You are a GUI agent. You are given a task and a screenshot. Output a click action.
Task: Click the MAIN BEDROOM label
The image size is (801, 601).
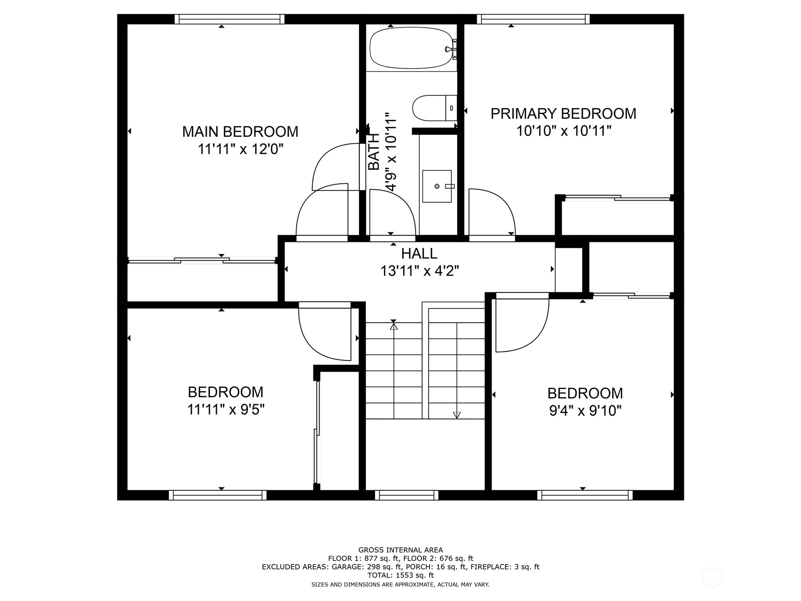[240, 132]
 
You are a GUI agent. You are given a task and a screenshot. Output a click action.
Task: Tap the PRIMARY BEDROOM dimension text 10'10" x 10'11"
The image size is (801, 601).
[564, 131]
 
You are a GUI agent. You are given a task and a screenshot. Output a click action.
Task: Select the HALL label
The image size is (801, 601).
[419, 253]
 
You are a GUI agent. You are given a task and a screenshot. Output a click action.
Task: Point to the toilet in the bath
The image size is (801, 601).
[434, 108]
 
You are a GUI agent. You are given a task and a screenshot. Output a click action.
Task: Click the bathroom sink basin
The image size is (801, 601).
[437, 186]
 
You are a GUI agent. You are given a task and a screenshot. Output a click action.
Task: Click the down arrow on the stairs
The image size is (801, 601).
[457, 415]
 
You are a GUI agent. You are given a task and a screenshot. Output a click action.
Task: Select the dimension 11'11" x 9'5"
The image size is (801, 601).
[225, 410]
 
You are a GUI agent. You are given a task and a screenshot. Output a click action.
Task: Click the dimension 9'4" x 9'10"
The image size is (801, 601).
[585, 411]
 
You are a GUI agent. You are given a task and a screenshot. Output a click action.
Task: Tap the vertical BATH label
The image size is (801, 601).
[374, 152]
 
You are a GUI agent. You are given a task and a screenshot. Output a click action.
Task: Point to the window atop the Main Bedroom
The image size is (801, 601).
[229, 19]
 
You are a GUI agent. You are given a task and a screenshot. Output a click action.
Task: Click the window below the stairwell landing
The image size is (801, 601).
[407, 495]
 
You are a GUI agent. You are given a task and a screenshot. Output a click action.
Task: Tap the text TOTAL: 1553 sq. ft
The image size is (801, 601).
[400, 575]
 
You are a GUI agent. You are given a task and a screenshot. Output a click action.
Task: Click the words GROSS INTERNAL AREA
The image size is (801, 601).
[400, 550]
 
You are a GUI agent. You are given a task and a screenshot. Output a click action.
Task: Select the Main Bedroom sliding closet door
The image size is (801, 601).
[201, 260]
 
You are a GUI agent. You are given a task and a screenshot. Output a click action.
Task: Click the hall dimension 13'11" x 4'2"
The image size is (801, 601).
[420, 271]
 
